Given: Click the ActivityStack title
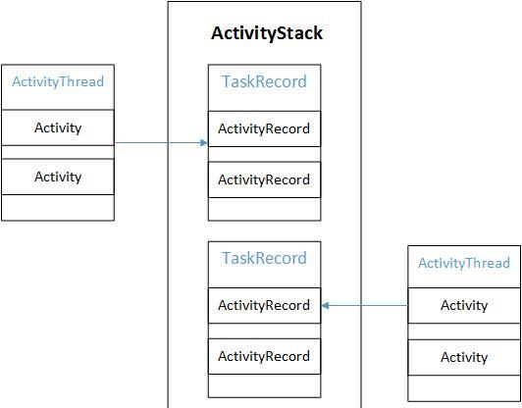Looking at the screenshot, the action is tap(267, 33).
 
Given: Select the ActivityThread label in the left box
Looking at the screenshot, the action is tap(58, 81).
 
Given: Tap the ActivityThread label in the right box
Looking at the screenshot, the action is tap(464, 263).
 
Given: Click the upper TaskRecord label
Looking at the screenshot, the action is tap(264, 81).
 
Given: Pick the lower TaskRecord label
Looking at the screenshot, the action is tap(264, 258).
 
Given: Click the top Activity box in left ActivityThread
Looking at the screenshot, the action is tap(58, 127).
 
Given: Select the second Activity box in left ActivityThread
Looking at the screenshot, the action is tap(58, 177).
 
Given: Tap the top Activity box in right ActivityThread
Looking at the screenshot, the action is tap(464, 305).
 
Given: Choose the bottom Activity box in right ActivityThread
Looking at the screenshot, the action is tap(464, 357).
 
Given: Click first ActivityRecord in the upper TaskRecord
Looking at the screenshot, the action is tap(264, 128).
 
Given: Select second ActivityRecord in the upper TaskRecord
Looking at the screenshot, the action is tap(264, 179).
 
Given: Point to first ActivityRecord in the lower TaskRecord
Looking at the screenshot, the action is tap(264, 305).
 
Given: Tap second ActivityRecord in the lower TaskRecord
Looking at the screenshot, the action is tap(264, 356).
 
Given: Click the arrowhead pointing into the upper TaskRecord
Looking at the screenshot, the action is tap(204, 143).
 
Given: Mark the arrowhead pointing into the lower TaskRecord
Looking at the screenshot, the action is tap(325, 305).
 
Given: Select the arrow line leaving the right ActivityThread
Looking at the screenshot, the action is tap(365, 305).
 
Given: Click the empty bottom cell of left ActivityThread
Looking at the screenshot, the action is tap(58, 208).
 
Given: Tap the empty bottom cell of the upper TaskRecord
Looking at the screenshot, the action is tap(264, 209).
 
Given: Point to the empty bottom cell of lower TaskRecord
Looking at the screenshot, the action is tap(264, 385).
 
